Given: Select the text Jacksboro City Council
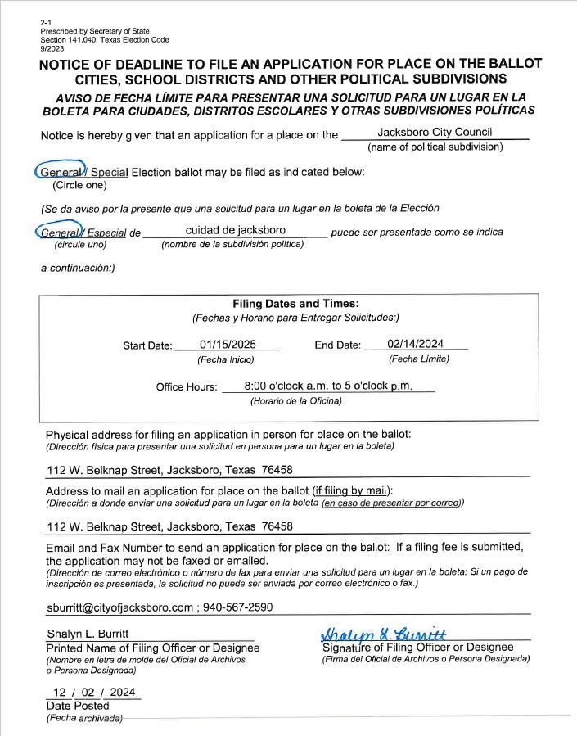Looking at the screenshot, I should point(435,132).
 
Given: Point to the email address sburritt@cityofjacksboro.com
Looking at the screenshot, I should point(120,607).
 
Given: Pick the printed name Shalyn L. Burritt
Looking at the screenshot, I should point(88,634).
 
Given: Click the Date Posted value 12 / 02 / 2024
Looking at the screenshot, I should point(93,692).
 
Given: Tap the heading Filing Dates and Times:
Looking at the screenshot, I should point(295,304).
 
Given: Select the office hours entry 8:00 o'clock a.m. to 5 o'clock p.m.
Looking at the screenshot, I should point(328,386).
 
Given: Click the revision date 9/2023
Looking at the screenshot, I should point(52,48).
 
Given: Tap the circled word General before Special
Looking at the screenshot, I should point(61,172).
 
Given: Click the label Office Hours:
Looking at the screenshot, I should point(187,387).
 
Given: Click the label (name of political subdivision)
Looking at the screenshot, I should point(435,147).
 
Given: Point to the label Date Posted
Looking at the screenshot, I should point(78,706).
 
